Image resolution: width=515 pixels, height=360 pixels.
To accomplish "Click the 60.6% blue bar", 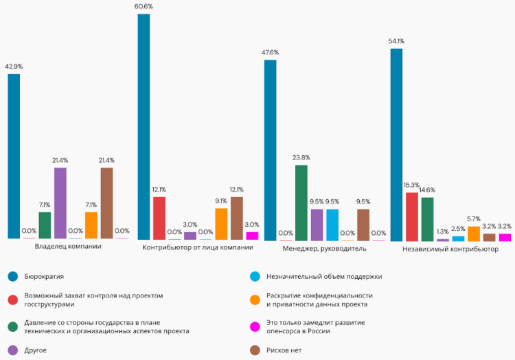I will pyautogui.click(x=144, y=126).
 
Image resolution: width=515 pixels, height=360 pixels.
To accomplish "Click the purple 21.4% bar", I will pyautogui.click(x=60, y=203).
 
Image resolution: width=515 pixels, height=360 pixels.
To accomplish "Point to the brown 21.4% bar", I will pyautogui.click(x=106, y=203).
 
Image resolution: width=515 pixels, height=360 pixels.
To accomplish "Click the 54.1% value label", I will pyautogui.click(x=396, y=41).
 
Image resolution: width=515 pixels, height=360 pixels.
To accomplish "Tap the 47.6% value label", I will pyautogui.click(x=270, y=52).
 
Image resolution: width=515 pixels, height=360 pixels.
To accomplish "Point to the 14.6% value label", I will pyautogui.click(x=427, y=190).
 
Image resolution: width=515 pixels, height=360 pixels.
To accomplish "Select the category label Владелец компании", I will pyautogui.click(x=68, y=247).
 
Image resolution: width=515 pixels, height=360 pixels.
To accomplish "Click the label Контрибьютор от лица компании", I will pyautogui.click(x=193, y=248).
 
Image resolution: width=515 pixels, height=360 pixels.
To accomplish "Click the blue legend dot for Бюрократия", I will pyautogui.click(x=12, y=277).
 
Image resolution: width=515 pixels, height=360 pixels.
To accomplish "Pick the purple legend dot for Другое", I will pyautogui.click(x=12, y=350).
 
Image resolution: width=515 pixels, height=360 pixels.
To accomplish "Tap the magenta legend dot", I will pyautogui.click(x=255, y=326).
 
